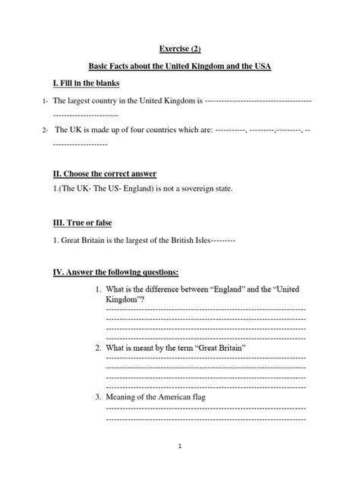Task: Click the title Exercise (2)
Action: coord(180,48)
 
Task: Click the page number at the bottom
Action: coord(181,447)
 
